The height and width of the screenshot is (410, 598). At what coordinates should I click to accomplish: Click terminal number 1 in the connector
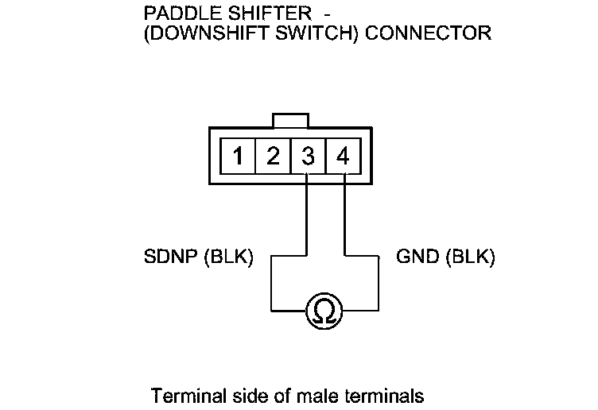(x=238, y=156)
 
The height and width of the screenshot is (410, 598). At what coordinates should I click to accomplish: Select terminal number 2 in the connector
(x=273, y=156)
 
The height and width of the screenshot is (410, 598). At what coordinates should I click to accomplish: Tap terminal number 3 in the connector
(x=308, y=156)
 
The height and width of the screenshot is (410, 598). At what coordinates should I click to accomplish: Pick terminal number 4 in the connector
(x=343, y=156)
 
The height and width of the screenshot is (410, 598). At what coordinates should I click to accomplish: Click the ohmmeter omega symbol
(x=324, y=309)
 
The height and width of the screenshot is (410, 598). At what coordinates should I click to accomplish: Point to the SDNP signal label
(x=172, y=257)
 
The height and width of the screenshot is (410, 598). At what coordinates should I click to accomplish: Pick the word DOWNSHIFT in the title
(x=202, y=33)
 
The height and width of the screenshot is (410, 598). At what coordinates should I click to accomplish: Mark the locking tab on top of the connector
(x=289, y=120)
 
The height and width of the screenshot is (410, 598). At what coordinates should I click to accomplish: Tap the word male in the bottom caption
(x=313, y=395)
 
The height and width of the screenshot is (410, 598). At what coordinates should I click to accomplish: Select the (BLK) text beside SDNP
(x=229, y=257)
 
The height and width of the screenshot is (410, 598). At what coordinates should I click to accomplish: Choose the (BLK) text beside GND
(x=471, y=257)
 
